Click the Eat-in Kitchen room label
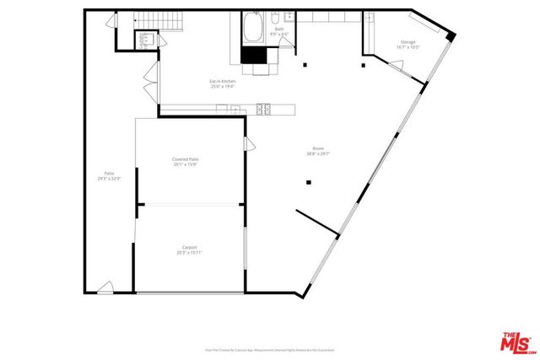(223, 82)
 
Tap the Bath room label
(278, 30)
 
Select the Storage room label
(408, 42)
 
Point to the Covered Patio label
(185, 159)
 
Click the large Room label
(318, 149)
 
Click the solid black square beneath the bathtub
(252, 55)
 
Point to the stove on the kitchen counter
(264, 107)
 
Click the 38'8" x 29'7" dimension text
(318, 154)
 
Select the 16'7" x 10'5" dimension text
(408, 47)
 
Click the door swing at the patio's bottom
(105, 288)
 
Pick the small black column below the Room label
(310, 181)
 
